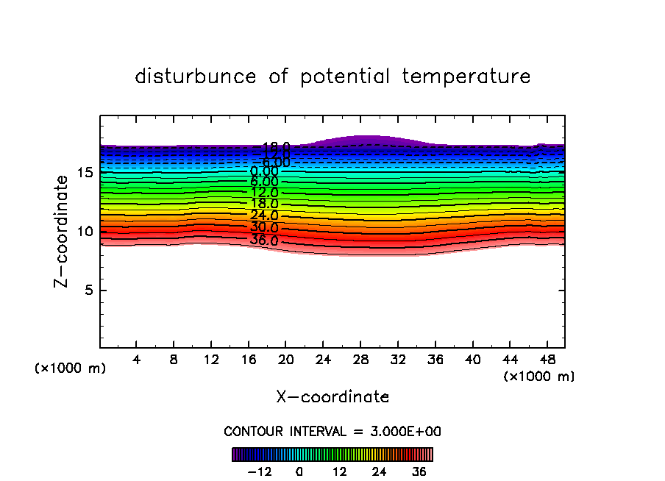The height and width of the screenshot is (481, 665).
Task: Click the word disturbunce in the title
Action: pos(195,76)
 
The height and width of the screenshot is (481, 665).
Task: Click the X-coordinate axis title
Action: pos(332,397)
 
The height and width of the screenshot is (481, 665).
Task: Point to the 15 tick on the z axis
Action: pos(85,173)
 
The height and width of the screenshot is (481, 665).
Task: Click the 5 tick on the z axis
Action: pos(88,291)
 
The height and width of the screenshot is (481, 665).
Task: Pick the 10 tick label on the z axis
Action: pos(85,232)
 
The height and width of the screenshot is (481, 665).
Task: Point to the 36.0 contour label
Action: pos(264,240)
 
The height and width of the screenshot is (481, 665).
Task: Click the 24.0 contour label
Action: pos(264,215)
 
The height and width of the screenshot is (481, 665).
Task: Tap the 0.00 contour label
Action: pos(264,171)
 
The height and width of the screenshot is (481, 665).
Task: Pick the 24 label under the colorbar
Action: pos(380,472)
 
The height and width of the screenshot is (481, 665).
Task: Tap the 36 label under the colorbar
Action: pos(419,472)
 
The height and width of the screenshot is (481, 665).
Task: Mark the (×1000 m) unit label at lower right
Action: pos(538,377)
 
